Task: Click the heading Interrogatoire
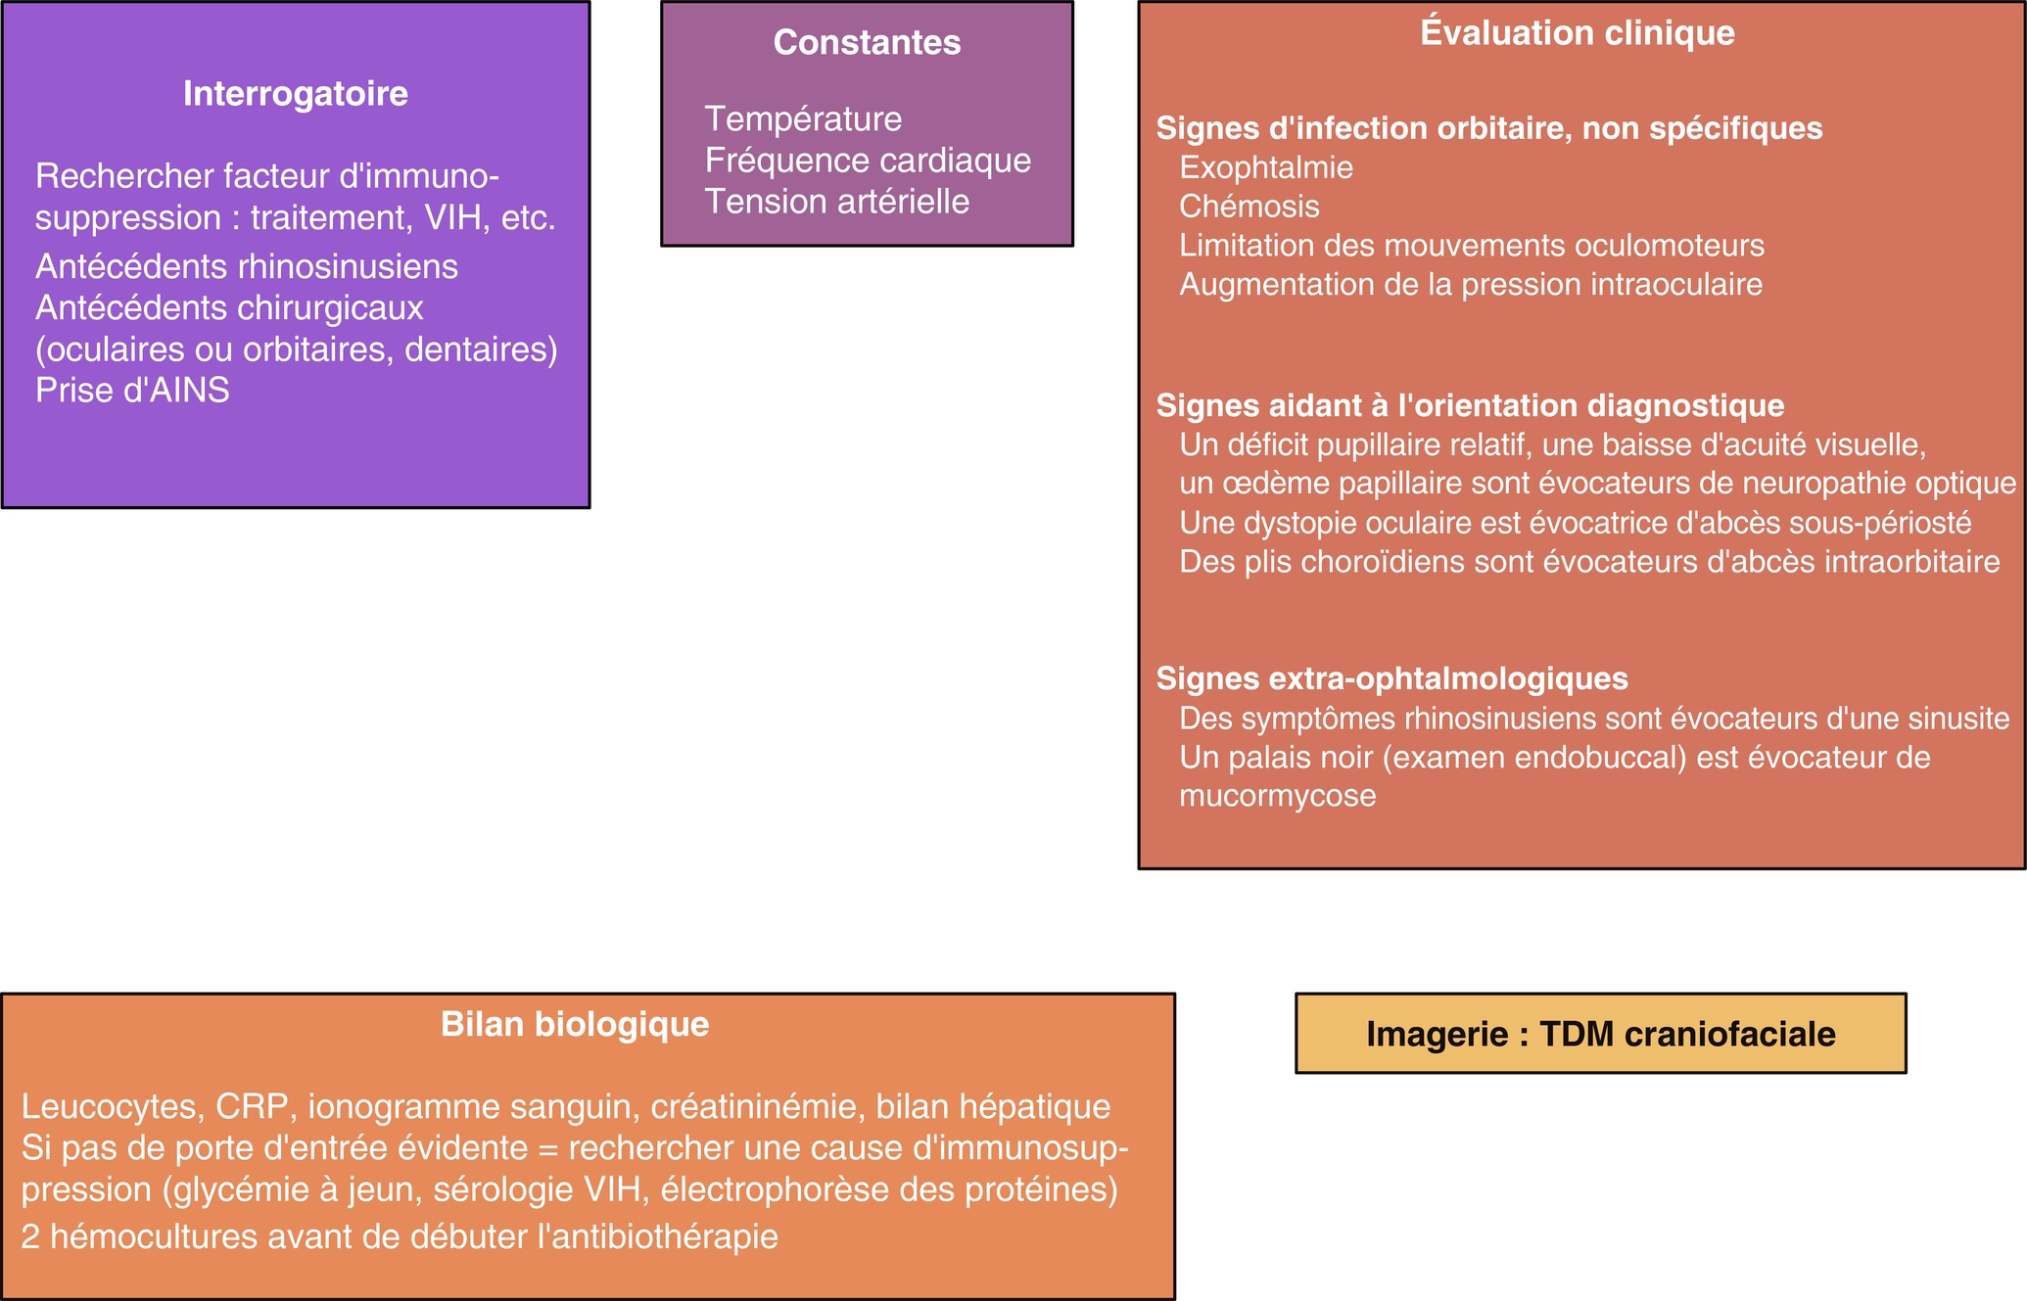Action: [295, 94]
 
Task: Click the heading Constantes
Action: [867, 42]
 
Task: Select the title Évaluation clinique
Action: [1578, 32]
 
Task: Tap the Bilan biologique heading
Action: [575, 1024]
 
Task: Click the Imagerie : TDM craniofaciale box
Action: [1601, 1034]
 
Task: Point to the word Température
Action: [803, 119]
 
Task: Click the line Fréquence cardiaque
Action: [868, 161]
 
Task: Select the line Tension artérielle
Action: [837, 202]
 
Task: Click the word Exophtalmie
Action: [1266, 167]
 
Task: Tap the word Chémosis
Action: [1249, 207]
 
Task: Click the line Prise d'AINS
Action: [132, 391]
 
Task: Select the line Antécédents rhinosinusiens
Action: [247, 266]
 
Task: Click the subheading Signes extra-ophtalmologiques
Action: [1392, 678]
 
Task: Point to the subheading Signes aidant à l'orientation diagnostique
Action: [1471, 405]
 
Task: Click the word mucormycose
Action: [1278, 796]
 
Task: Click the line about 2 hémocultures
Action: [400, 1236]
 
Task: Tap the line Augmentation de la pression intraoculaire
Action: [1471, 285]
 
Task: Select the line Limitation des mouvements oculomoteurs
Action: [1472, 246]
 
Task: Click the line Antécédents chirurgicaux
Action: [229, 308]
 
